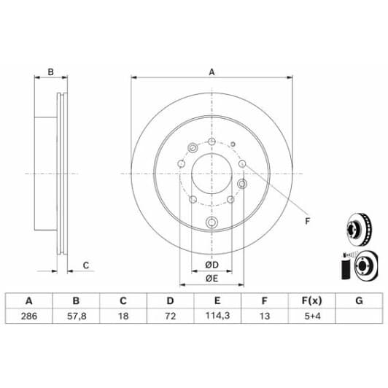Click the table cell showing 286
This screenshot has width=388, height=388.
[x=29, y=316]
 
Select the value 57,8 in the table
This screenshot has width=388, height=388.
[x=77, y=316]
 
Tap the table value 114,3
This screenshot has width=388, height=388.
[x=217, y=316]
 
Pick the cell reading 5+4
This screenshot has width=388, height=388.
[x=312, y=316]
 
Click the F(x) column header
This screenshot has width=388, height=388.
[x=312, y=300]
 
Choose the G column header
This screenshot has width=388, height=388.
[x=359, y=300]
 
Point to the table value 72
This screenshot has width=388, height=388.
[x=170, y=316]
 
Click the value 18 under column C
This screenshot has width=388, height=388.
[x=123, y=316]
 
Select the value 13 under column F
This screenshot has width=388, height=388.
[x=265, y=316]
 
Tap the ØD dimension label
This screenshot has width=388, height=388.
[x=212, y=265]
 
